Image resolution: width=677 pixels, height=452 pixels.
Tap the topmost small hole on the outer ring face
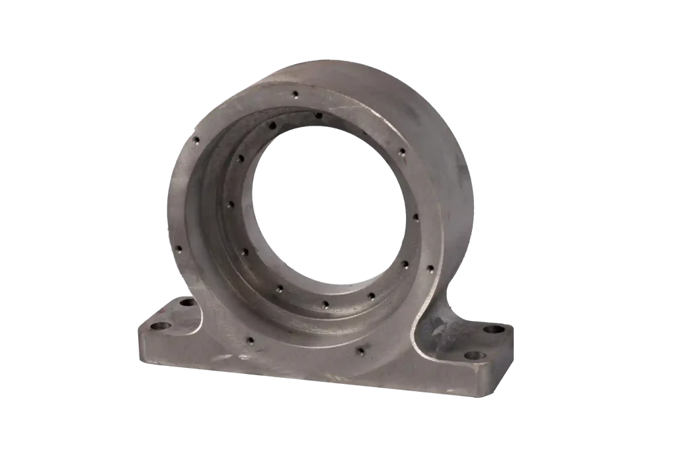point(296,93)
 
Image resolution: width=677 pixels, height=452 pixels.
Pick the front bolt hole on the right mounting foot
point(475,355)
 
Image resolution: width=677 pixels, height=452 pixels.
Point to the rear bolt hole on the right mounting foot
point(493,329)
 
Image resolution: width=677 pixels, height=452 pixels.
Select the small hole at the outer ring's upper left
point(196,139)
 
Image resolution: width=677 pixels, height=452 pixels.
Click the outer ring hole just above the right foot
point(430,269)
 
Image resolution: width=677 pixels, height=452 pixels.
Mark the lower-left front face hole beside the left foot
point(250,341)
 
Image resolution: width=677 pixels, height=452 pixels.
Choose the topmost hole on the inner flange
point(318,116)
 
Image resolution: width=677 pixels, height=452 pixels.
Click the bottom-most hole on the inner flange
point(325,304)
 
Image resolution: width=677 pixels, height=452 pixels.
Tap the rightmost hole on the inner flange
point(415,216)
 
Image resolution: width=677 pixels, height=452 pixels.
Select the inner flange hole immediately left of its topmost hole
point(271,124)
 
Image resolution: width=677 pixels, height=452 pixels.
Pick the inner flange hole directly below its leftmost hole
point(245,252)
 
